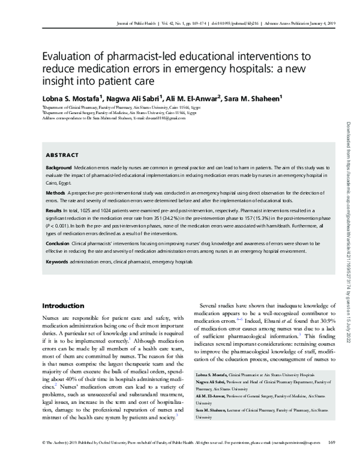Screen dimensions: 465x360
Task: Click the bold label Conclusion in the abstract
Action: pos(59,245)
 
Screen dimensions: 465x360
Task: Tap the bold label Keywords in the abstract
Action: pos(58,262)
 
